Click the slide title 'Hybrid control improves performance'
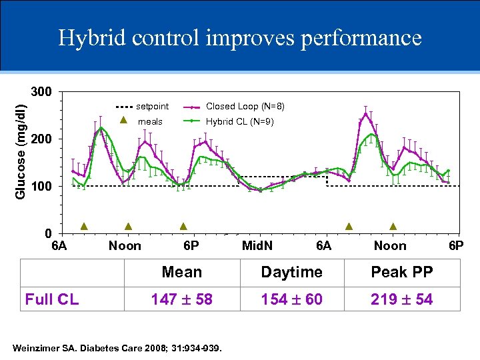[x=240, y=37]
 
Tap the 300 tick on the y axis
[x=41, y=91]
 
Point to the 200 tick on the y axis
[x=41, y=139]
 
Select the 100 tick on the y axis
[x=41, y=187]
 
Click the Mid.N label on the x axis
[x=257, y=246]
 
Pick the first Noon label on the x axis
[x=125, y=246]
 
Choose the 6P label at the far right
[x=456, y=246]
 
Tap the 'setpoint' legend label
[x=152, y=107]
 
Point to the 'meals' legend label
[x=150, y=122]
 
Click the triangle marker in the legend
[x=123, y=121]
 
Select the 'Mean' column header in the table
[x=181, y=272]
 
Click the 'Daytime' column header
[x=291, y=272]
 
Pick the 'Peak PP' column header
[x=402, y=272]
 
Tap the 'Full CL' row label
[x=51, y=299]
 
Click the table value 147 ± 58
[x=181, y=299]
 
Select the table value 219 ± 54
[x=402, y=299]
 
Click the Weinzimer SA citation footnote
[x=117, y=347]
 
